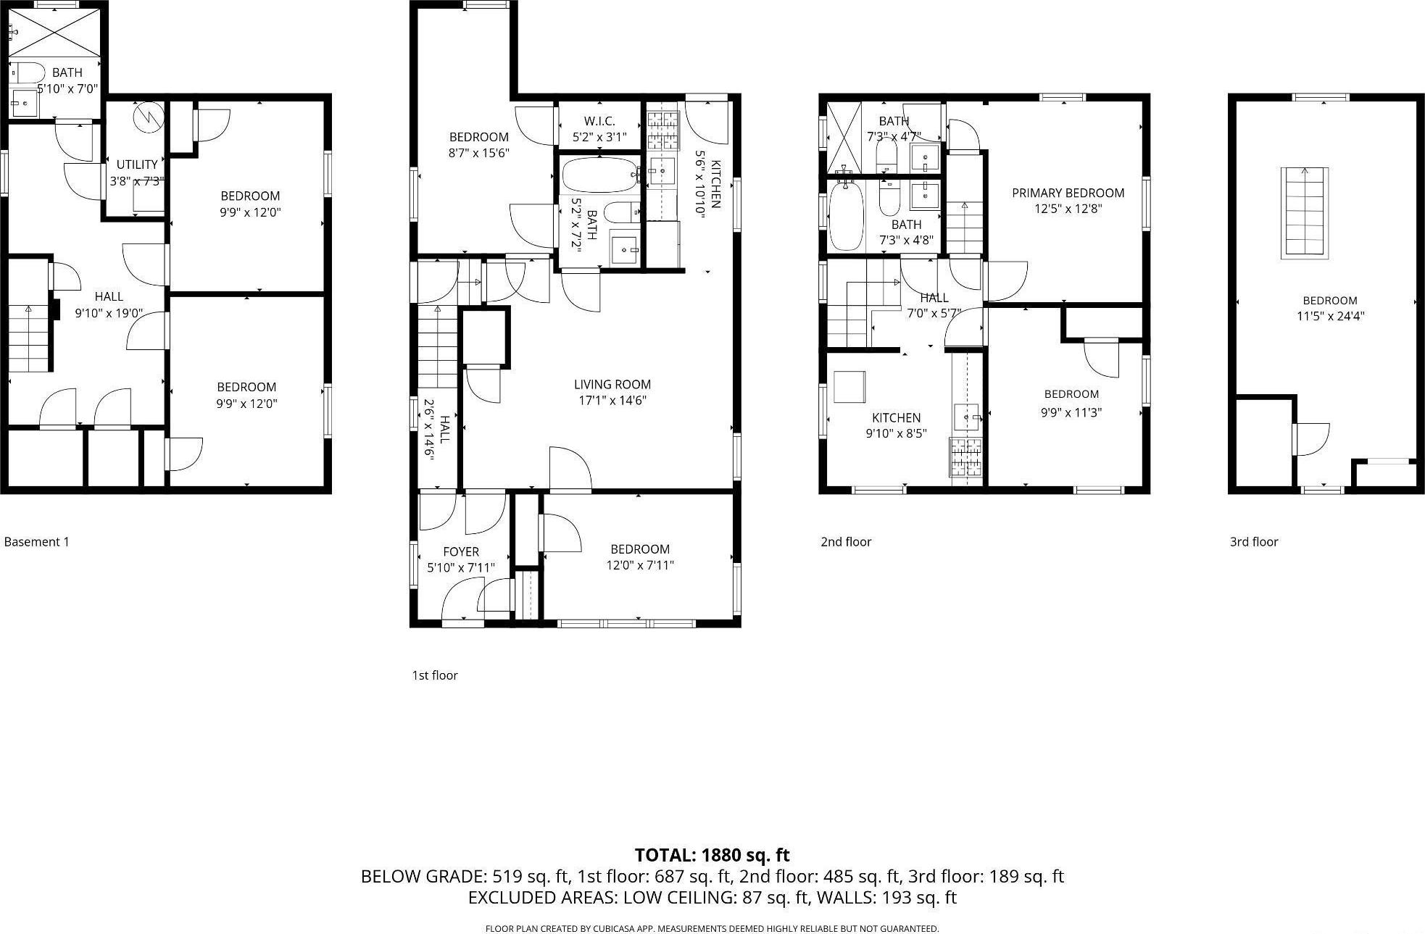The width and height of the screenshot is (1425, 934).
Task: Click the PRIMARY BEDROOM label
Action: (1068, 193)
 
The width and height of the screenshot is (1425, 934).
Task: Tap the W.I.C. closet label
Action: (599, 121)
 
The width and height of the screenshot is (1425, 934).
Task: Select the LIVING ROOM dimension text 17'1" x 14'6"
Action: (612, 400)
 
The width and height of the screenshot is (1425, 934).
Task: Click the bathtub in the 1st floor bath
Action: (599, 175)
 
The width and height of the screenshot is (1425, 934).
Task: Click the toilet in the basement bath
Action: (29, 72)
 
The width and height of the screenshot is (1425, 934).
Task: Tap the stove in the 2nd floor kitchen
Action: (966, 458)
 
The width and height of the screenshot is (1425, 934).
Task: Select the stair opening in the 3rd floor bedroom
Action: (1305, 212)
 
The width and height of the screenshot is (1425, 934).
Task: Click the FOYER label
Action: (461, 552)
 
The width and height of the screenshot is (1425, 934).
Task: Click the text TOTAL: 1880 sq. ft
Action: (712, 855)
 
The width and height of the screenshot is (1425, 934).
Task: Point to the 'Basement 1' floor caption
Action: (36, 541)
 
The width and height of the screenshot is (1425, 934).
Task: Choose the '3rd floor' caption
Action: (1254, 541)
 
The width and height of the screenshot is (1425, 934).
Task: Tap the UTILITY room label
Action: (137, 164)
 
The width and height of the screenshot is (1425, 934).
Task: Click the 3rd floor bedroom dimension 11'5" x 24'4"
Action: (1330, 316)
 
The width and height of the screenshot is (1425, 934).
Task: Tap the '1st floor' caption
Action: (435, 675)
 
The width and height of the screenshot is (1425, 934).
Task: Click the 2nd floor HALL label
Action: (934, 298)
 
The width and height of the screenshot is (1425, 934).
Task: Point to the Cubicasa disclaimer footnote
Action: (712, 928)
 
